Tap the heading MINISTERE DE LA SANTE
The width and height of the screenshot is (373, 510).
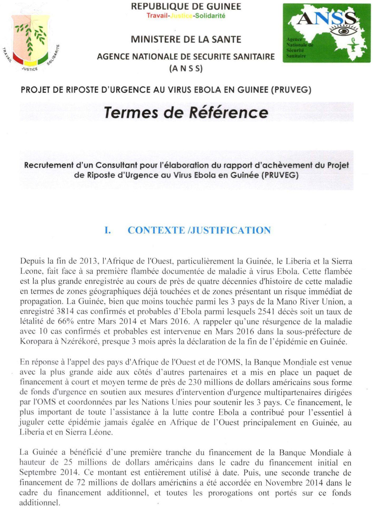coord(186,39)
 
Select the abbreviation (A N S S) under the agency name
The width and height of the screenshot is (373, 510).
coord(186,68)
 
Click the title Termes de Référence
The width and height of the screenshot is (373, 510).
coord(186,112)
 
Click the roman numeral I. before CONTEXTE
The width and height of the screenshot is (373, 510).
coord(108,230)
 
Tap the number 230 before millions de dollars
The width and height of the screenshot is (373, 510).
coord(195,382)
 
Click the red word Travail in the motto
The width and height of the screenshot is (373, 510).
coord(157,16)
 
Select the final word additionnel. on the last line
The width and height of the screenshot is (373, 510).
coord(40,503)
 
